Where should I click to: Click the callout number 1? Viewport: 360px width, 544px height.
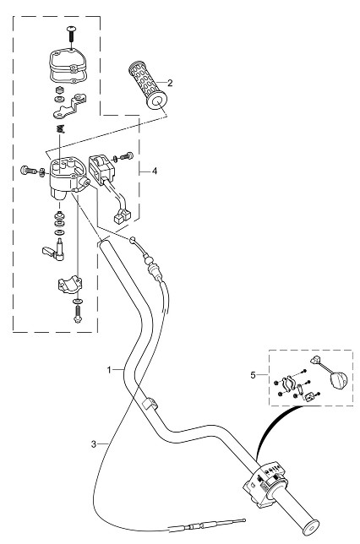(x=109, y=370)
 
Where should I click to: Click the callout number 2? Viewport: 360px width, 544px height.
(x=170, y=83)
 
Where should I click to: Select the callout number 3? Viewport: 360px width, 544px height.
(x=94, y=443)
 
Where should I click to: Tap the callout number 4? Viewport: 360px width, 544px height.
(x=155, y=171)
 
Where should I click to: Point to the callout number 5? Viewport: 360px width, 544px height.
(x=253, y=375)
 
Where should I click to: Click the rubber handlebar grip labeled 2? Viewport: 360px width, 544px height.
(x=148, y=85)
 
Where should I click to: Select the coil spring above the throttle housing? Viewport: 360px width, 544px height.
(x=61, y=128)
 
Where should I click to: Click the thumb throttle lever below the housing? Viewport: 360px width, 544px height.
(x=55, y=250)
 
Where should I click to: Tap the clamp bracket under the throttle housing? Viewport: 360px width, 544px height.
(x=69, y=284)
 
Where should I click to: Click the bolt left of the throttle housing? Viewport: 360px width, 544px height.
(x=29, y=171)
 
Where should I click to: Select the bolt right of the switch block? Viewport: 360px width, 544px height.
(x=127, y=156)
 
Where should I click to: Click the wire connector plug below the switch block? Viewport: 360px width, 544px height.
(x=122, y=215)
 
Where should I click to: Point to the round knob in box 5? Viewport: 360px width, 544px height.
(x=337, y=379)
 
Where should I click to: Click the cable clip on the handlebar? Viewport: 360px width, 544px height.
(x=150, y=403)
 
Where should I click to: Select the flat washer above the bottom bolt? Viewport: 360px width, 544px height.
(x=78, y=301)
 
